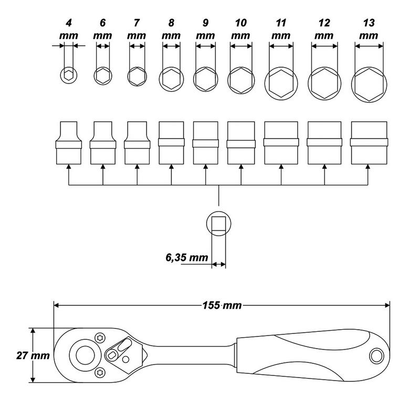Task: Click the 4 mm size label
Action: [x=69, y=29]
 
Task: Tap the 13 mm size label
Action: [x=369, y=29]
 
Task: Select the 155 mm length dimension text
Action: [x=222, y=306]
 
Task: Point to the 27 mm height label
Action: [x=33, y=355]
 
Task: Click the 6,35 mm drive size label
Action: [x=187, y=258]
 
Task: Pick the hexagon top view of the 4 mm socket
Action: [x=69, y=75]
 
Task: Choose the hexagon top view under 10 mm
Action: [x=241, y=80]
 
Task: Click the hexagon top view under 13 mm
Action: [x=369, y=85]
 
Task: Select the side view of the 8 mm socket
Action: [x=172, y=143]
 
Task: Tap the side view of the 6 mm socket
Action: [x=103, y=143]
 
